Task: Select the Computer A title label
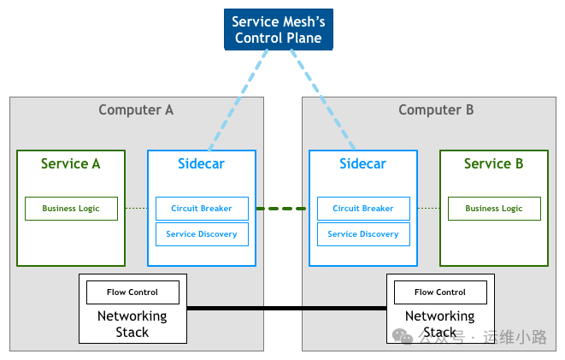(x=136, y=109)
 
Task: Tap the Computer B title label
(x=436, y=109)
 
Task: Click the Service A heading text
(x=71, y=163)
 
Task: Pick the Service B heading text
(x=493, y=163)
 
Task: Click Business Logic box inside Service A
(x=71, y=209)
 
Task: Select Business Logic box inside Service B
(x=493, y=209)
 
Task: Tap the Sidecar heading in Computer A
(x=201, y=163)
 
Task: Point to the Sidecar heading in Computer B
(x=362, y=163)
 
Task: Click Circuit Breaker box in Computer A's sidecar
(x=202, y=209)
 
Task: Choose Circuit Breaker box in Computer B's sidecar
(x=362, y=209)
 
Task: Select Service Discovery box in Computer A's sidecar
(x=202, y=234)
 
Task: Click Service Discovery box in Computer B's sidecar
(x=362, y=234)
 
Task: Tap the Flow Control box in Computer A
(x=132, y=292)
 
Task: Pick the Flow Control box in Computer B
(x=440, y=292)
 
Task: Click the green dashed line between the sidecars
(x=282, y=209)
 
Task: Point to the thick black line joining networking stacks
(x=286, y=308)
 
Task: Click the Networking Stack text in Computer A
(x=132, y=323)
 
